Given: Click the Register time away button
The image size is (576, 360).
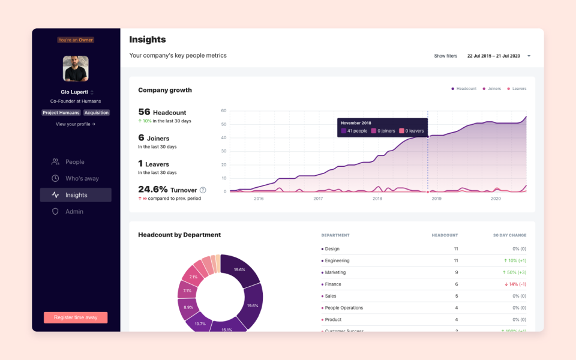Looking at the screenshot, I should tap(76, 317).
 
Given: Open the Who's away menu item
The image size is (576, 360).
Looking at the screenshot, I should tap(82, 178).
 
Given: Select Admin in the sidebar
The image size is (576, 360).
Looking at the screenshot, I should tap(74, 212).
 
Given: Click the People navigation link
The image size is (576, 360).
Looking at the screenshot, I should tap(74, 162).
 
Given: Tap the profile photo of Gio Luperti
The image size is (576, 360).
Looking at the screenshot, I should tap(76, 68).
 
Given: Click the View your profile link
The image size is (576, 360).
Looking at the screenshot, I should tap(76, 124).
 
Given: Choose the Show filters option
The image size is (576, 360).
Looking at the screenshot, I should tap(445, 56).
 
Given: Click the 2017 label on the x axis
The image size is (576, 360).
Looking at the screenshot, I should tap(318, 199).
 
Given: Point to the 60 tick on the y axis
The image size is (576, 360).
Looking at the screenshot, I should tap(223, 110).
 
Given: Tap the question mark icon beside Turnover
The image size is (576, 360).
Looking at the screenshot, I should tap(203, 190).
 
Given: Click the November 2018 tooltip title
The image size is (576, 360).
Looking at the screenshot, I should tap(357, 122).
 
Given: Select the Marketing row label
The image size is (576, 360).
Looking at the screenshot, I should tap(335, 272).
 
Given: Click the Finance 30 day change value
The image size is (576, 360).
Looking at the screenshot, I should tap(515, 284).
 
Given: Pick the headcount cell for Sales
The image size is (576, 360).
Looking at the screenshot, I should tap(456, 296).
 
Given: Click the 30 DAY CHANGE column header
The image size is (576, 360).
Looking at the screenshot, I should tap(509, 235).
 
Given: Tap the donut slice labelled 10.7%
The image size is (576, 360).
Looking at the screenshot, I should tap(200, 323).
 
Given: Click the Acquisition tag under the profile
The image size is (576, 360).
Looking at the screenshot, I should tap(97, 113).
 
